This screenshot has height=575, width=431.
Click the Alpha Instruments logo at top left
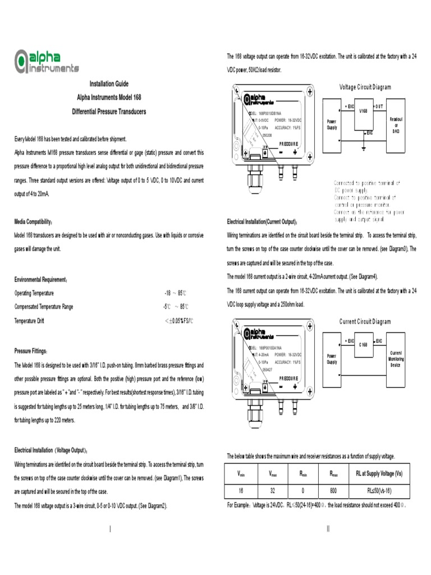pyautogui.click(x=46, y=62)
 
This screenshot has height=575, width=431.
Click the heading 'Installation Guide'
pyautogui.click(x=109, y=84)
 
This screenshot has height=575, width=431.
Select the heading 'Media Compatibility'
pyautogui.click(x=33, y=222)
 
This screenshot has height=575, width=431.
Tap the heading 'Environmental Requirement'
pyautogui.click(x=41, y=279)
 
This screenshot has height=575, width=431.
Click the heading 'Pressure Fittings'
pyautogui.click(x=31, y=351)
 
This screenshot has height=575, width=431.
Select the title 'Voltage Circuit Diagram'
pyautogui.click(x=365, y=87)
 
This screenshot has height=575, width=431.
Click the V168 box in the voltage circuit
pyautogui.click(x=364, y=118)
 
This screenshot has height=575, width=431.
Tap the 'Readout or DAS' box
pyautogui.click(x=396, y=125)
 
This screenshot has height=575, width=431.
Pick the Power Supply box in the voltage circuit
pyautogui.click(x=332, y=125)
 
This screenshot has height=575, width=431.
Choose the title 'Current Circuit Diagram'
pyautogui.click(x=365, y=322)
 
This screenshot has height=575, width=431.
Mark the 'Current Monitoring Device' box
pyautogui.click(x=396, y=359)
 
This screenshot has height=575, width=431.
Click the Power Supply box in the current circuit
pyautogui.click(x=332, y=359)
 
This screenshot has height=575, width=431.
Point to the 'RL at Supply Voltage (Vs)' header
pyautogui.click(x=379, y=474)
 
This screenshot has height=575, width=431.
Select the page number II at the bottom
pyautogui.click(x=328, y=529)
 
